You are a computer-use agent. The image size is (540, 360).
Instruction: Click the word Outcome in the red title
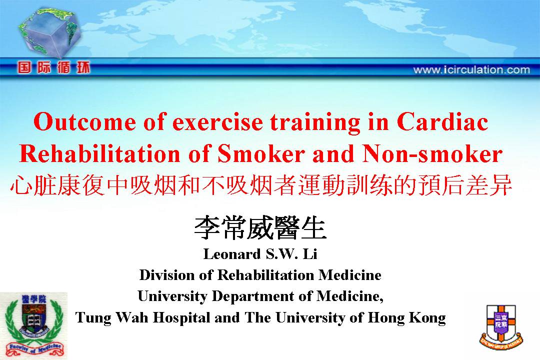(84, 122)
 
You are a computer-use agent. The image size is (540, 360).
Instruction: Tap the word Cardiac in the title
(442, 122)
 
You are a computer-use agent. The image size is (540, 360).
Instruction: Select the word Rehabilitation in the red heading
(100, 153)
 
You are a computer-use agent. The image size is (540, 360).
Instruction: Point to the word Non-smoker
(432, 153)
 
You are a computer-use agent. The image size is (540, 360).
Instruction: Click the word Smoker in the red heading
(261, 153)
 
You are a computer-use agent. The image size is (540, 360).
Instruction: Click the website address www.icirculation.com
(471, 70)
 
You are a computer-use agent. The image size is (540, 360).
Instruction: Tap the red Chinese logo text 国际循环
(53, 67)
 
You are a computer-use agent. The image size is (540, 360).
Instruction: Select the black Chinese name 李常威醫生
(260, 228)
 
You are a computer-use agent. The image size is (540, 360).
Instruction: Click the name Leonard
(232, 254)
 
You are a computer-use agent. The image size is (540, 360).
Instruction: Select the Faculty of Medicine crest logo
(33, 325)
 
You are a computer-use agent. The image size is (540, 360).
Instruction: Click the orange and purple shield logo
(501, 326)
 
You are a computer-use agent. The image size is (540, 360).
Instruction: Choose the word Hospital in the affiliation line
(181, 318)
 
